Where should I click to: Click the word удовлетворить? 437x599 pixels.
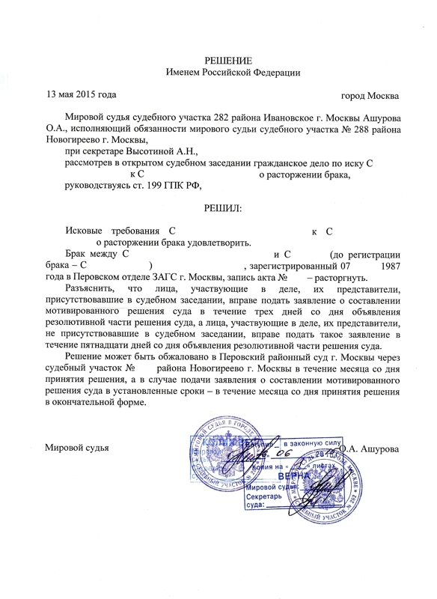tap(221, 243)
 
